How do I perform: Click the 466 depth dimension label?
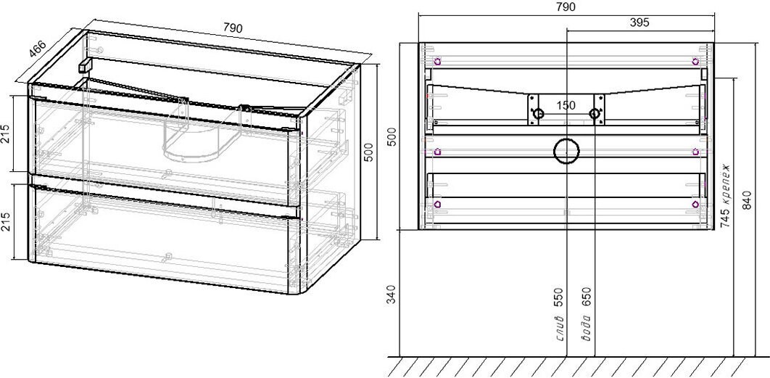coord(37,49)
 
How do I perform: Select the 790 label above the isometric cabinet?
coord(233,28)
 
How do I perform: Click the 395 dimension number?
coord(639,22)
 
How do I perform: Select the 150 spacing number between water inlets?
coord(566,105)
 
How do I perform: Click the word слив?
coord(558,328)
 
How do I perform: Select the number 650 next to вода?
coord(587,297)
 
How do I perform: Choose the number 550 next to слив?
coord(558,297)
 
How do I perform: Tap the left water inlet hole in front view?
coord(539,114)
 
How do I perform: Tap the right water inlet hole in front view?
coord(595,114)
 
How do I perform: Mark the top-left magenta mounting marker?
coord(437,62)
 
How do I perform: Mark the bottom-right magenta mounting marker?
coord(695,203)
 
